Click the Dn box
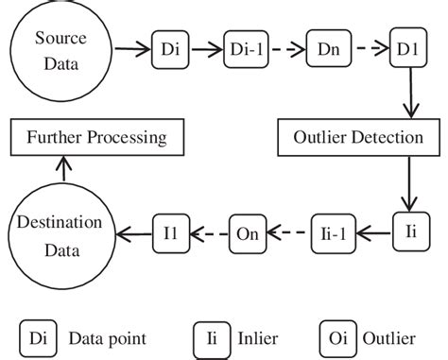tap(330, 49)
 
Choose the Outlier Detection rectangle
tap(363, 138)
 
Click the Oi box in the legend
tap(335, 337)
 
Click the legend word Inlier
tap(257, 337)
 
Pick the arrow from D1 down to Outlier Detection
tap(409, 94)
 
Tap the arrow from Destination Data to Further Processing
tap(61, 167)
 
